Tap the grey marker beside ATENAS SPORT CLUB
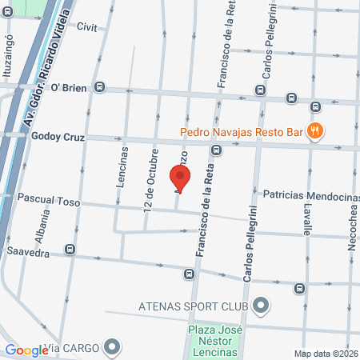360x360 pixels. (261, 305)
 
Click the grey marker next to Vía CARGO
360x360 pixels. (112, 348)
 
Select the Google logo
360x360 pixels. (26, 350)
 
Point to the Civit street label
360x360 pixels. (86, 26)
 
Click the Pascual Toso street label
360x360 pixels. (49, 202)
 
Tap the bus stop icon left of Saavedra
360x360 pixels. (71, 249)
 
